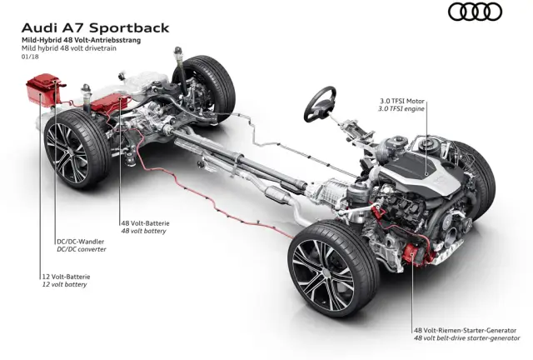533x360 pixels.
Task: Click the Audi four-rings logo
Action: point(475,12)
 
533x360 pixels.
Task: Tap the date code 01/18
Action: point(32,57)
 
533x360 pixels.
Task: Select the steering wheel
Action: point(321,101)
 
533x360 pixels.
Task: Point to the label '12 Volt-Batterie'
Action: point(61,276)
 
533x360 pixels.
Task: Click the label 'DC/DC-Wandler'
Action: point(81,241)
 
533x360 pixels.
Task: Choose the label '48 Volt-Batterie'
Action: point(147,222)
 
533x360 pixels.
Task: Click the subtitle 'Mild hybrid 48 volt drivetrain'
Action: point(76,48)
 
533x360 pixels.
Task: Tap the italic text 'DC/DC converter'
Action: point(82,249)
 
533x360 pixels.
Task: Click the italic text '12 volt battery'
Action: point(60,284)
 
